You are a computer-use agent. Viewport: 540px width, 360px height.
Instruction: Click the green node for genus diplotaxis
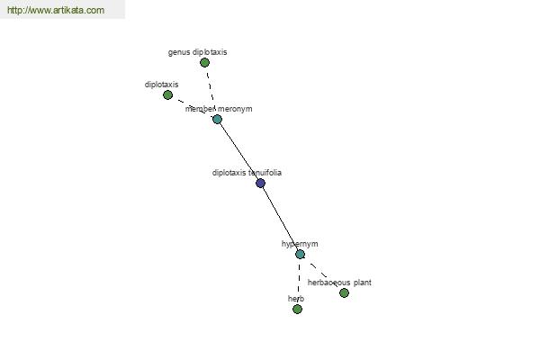[204, 63]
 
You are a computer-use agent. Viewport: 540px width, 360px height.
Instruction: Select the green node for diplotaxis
[167, 94]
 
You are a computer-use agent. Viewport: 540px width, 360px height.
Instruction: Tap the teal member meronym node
[217, 119]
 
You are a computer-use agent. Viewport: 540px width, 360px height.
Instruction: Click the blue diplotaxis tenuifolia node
[261, 183]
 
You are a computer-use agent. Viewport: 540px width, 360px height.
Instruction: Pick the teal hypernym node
[300, 254]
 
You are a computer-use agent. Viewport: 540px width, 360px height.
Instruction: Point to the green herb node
[297, 309]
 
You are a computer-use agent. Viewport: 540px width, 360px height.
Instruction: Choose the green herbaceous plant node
[344, 292]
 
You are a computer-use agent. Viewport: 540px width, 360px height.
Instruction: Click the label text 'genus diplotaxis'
[197, 52]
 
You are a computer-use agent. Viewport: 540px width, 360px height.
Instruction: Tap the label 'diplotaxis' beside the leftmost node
[161, 85]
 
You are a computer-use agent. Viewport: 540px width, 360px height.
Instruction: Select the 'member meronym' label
[219, 109]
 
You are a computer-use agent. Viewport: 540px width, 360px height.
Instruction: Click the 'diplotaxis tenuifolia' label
[247, 173]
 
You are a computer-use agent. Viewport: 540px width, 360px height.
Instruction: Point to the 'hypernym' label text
[300, 244]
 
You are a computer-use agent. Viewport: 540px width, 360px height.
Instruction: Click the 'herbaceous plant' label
[339, 283]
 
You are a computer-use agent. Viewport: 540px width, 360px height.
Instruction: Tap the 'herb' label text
[296, 298]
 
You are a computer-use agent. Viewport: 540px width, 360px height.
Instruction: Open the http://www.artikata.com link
[56, 10]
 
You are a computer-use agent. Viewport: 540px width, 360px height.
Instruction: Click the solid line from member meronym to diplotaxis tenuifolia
[239, 151]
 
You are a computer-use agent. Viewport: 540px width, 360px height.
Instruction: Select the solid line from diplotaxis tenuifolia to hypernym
[280, 219]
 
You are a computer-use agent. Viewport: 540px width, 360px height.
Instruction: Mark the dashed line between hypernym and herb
[299, 282]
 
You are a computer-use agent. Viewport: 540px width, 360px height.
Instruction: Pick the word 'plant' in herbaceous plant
[363, 283]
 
